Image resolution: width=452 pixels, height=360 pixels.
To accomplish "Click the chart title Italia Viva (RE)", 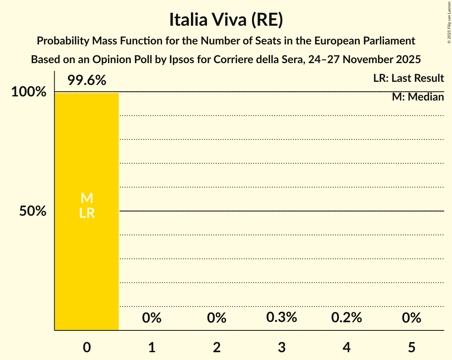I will tap(226, 20).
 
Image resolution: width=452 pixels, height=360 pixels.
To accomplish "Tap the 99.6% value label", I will tap(87, 81).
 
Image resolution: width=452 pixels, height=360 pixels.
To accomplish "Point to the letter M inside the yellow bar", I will tap(87, 198).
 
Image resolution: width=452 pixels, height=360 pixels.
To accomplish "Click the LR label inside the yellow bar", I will tap(87, 213).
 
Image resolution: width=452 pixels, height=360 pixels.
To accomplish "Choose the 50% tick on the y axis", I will tap(33, 212).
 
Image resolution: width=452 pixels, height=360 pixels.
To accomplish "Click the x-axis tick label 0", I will tap(87, 347).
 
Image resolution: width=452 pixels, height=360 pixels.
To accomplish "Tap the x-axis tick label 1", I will tap(152, 347).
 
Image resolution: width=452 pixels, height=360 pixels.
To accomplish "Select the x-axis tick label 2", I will tap(217, 347).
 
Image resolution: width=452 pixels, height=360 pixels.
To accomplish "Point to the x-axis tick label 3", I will tap(282, 347).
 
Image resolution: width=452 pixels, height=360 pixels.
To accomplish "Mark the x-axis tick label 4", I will tap(347, 347).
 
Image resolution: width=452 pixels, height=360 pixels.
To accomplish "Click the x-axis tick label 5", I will tap(412, 347).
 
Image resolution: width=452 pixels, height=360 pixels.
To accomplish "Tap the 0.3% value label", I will tap(282, 318).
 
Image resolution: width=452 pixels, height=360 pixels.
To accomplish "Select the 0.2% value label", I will tap(347, 318).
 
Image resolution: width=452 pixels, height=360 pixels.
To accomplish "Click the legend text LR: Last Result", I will tap(408, 78).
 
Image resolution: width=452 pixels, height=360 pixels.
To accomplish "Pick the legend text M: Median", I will tap(418, 97).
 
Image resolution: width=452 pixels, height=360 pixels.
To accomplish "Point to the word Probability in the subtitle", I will tap(62, 41).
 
